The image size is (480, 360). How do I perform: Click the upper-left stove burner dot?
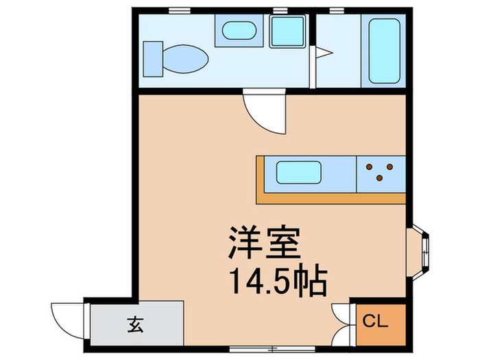(370, 167)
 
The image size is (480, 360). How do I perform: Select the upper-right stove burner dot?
(389, 167)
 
